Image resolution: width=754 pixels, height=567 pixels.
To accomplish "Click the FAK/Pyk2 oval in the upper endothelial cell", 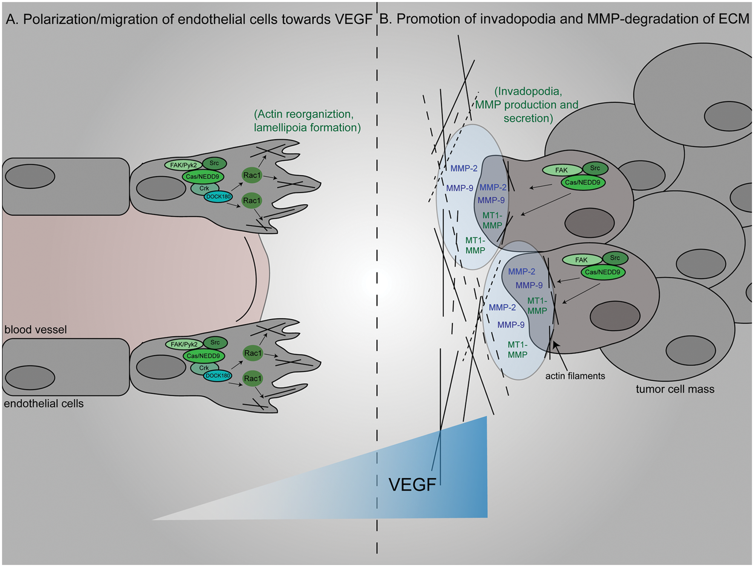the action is [x=184, y=165].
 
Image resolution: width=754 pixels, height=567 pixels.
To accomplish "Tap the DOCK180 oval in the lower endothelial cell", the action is [x=218, y=376].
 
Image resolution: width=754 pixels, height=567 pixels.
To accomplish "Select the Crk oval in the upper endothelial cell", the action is [x=204, y=188].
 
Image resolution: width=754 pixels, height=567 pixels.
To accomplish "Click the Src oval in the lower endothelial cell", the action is [x=215, y=342].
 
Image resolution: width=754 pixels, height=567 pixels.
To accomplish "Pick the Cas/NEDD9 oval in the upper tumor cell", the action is [x=583, y=183].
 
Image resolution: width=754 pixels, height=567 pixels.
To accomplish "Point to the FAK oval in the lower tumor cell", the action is [x=582, y=260].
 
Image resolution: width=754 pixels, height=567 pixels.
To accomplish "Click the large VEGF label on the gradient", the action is [x=412, y=485].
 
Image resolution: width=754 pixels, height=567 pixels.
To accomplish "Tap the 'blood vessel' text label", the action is [x=35, y=330].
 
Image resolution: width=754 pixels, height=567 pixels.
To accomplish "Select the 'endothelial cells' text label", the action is [x=44, y=404].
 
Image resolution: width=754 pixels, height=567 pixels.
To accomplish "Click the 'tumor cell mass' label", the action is [x=675, y=389].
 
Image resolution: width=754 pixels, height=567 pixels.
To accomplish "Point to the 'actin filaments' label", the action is [x=575, y=376].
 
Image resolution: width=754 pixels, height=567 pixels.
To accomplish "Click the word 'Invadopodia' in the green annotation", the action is [x=530, y=91].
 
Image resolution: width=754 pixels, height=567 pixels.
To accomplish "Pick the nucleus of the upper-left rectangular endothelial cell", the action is [x=30, y=176].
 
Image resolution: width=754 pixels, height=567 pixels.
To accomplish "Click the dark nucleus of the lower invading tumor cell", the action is [x=615, y=316].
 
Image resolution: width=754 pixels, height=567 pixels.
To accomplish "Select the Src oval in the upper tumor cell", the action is [x=595, y=168].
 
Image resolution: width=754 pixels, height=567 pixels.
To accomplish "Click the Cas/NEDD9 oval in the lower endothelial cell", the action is [x=203, y=356].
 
